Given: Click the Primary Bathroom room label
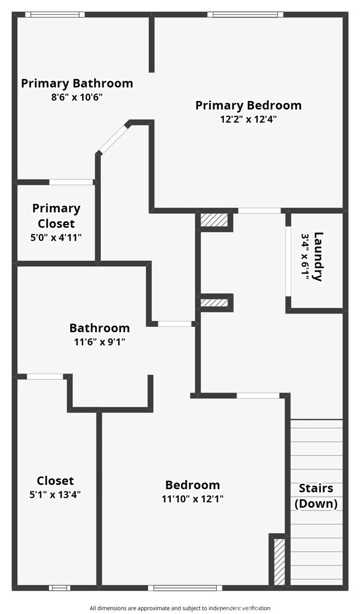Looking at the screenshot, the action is tap(77, 83).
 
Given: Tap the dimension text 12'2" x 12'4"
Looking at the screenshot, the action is tap(248, 119).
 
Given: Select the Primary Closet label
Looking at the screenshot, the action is tap(56, 216).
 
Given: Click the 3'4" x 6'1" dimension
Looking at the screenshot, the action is tap(305, 257).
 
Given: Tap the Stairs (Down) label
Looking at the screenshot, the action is tap(316, 496).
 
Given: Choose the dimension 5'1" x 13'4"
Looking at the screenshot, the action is tap(55, 495).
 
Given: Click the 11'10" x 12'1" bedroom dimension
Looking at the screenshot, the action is tap(193, 499).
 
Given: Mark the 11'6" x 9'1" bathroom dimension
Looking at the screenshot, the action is tap(99, 342).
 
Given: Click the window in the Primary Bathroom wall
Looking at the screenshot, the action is tap(55, 15).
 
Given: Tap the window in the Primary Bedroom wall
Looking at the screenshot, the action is tap(245, 15).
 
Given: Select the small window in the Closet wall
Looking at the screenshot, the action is tap(59, 588).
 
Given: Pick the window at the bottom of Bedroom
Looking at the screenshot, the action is tap(185, 588).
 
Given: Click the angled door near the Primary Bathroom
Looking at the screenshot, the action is tap(114, 138).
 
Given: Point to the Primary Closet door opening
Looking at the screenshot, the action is tap(71, 182).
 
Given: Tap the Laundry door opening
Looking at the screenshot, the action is tap(288, 261).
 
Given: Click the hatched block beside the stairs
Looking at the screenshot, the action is tap(279, 562).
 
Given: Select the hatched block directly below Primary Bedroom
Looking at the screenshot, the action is tap(214, 220).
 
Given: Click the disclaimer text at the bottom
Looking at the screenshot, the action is tap(180, 608).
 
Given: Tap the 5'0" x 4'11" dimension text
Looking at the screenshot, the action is tap(56, 237).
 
